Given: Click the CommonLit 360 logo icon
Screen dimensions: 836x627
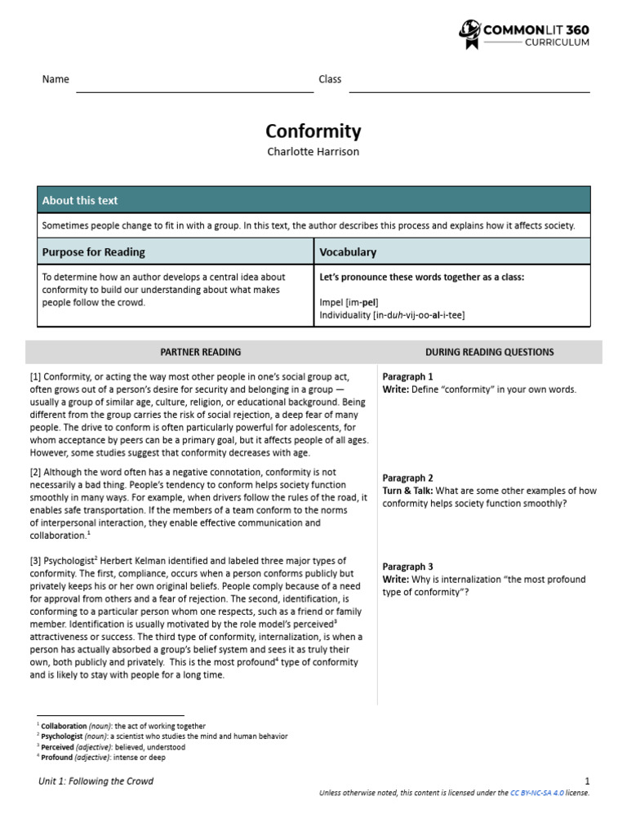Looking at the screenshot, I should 470,34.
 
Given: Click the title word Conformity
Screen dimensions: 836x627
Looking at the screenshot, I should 313,131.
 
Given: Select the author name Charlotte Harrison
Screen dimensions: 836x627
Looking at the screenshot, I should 313,152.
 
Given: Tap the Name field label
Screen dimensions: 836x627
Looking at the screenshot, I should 56,79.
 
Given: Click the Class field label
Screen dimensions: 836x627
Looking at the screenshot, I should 330,79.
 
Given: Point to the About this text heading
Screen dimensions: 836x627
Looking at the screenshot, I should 80,200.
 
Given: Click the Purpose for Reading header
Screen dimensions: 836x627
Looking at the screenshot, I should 94,252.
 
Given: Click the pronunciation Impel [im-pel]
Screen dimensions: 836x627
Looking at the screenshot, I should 349,302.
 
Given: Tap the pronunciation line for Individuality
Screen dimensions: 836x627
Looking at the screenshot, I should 392,314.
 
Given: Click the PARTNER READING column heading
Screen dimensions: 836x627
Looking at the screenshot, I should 200,352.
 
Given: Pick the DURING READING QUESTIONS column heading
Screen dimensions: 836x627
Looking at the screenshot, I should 489,352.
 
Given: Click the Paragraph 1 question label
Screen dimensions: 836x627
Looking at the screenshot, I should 407,376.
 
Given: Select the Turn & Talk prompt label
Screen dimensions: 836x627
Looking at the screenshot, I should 408,491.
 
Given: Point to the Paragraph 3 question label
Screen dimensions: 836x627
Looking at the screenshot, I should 407,567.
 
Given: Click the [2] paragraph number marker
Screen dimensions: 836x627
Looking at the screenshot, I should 35,472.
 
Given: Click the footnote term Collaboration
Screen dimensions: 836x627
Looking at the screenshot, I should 64,726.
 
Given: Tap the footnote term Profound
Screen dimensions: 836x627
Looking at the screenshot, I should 57,758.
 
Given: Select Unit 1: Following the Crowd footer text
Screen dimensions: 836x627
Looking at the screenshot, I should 96,781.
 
